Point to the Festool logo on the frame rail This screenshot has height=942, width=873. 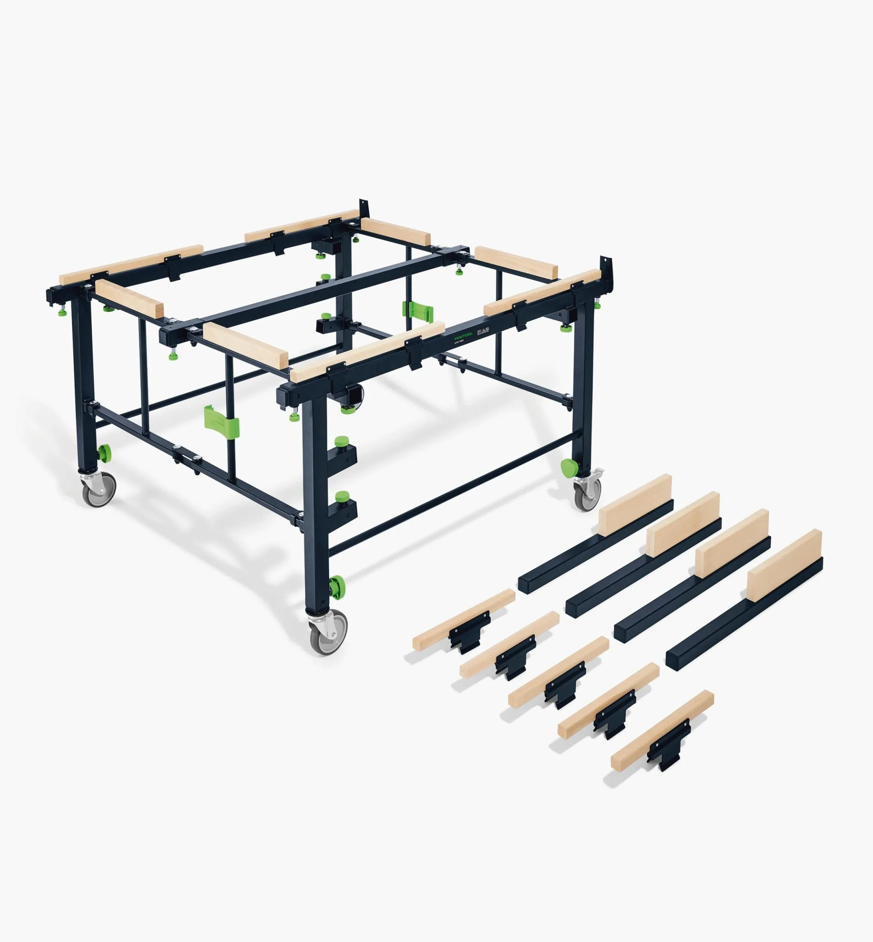[463, 337]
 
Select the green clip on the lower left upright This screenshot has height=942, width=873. [221, 422]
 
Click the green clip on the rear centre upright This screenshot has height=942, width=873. [417, 309]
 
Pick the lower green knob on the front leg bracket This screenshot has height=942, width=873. [342, 497]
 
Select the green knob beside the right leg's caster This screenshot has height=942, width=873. [569, 469]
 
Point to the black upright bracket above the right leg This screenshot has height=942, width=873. [606, 268]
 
